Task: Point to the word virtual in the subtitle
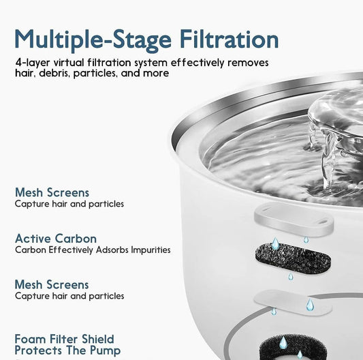(x=74, y=62)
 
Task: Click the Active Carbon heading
(x=56, y=239)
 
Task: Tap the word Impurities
(x=148, y=250)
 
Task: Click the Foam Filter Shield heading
(x=64, y=339)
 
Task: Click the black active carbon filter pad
(x=291, y=258)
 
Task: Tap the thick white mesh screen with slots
(x=294, y=222)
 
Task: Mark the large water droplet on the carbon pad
(x=274, y=244)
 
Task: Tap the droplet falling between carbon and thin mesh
(x=290, y=276)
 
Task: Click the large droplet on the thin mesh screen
(x=309, y=304)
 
